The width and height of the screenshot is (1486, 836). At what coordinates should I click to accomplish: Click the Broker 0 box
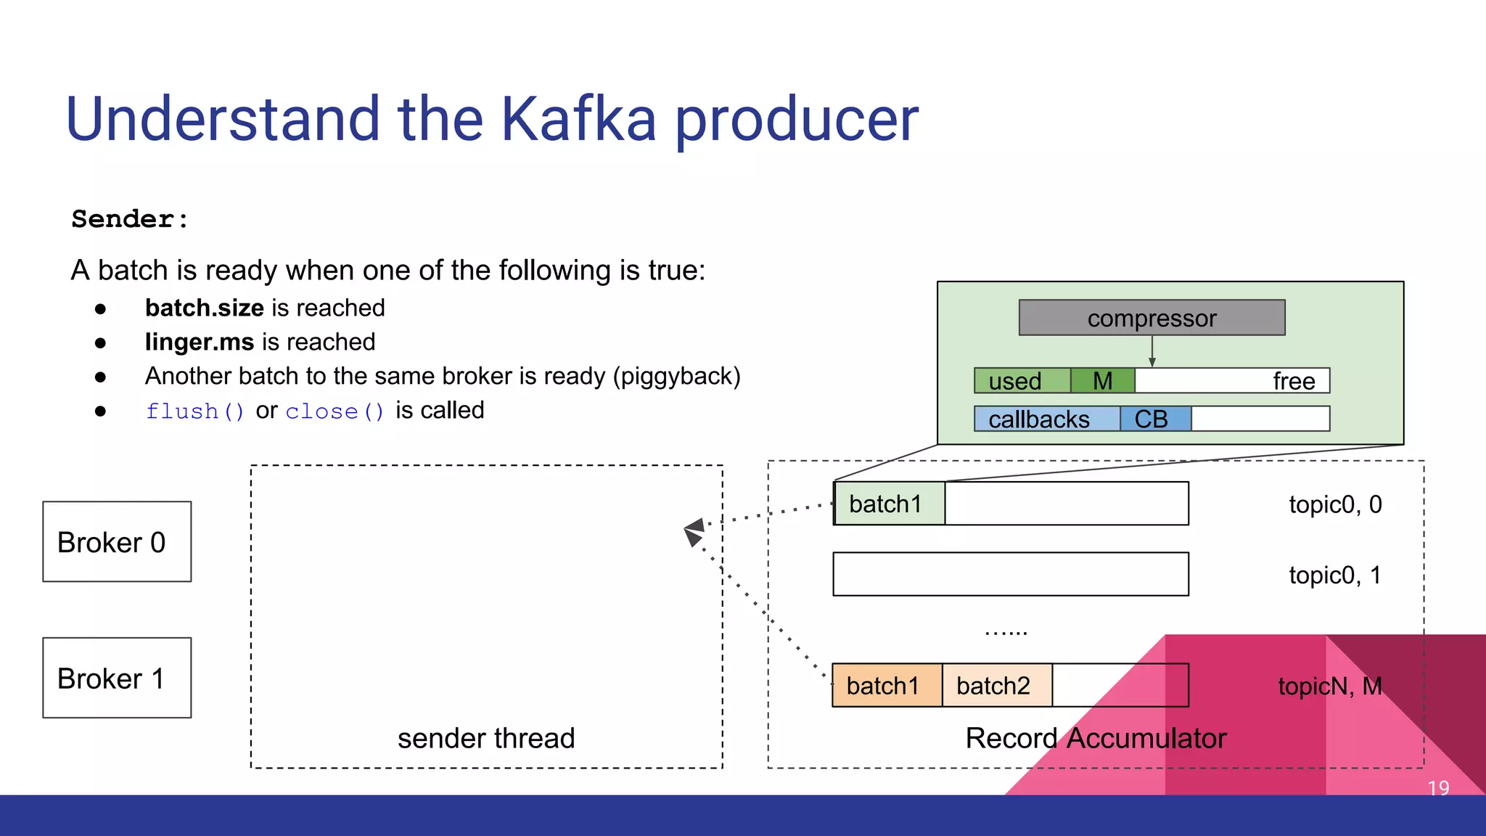click(117, 541)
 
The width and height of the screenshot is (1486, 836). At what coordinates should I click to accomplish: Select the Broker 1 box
click(117, 678)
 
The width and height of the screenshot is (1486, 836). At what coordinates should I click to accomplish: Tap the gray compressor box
click(1152, 318)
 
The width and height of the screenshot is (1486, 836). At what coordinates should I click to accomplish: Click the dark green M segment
click(1102, 381)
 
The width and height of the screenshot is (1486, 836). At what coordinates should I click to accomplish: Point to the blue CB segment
click(1154, 419)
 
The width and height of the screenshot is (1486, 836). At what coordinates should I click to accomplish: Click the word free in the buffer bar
click(1294, 381)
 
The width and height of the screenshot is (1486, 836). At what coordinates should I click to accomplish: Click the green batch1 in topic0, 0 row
click(887, 504)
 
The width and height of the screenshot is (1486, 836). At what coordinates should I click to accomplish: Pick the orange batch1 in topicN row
click(884, 685)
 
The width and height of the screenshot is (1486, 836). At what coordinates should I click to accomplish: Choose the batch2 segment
click(994, 685)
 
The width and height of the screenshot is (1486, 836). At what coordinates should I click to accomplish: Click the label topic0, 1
click(1335, 575)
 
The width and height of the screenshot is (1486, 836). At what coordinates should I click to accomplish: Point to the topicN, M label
click(1330, 685)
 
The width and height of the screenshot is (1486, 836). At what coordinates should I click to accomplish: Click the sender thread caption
click(486, 738)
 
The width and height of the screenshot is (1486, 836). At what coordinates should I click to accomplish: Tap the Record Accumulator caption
click(1096, 738)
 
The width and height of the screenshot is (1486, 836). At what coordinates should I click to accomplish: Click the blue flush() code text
click(195, 411)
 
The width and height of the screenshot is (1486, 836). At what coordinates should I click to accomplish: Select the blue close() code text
click(334, 411)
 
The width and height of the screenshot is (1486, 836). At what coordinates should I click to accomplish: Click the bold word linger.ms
click(199, 342)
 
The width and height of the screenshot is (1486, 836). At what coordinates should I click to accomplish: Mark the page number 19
click(1438, 787)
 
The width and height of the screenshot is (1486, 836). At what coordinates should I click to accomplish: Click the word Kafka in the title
click(578, 119)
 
